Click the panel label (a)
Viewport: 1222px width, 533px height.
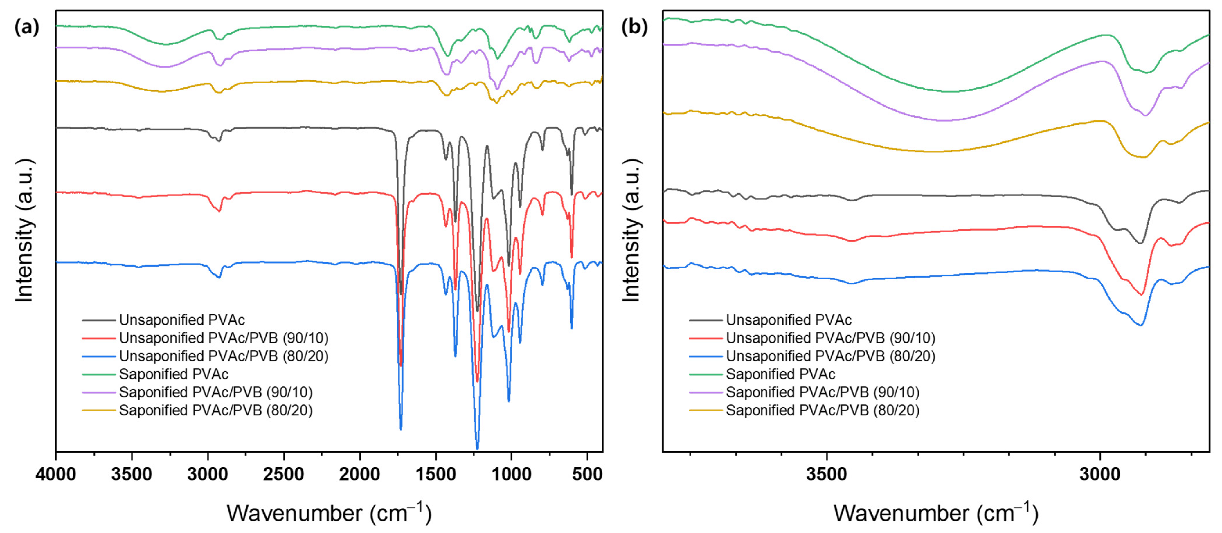(27, 28)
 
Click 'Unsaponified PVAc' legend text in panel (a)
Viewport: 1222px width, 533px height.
(182, 320)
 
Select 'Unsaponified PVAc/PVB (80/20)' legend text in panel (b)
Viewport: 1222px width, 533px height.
(831, 356)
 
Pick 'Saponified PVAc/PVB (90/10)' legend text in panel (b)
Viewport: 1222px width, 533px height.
(823, 392)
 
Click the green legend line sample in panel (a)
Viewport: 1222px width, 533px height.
(99, 374)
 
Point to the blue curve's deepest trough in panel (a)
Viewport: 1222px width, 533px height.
(477, 448)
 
